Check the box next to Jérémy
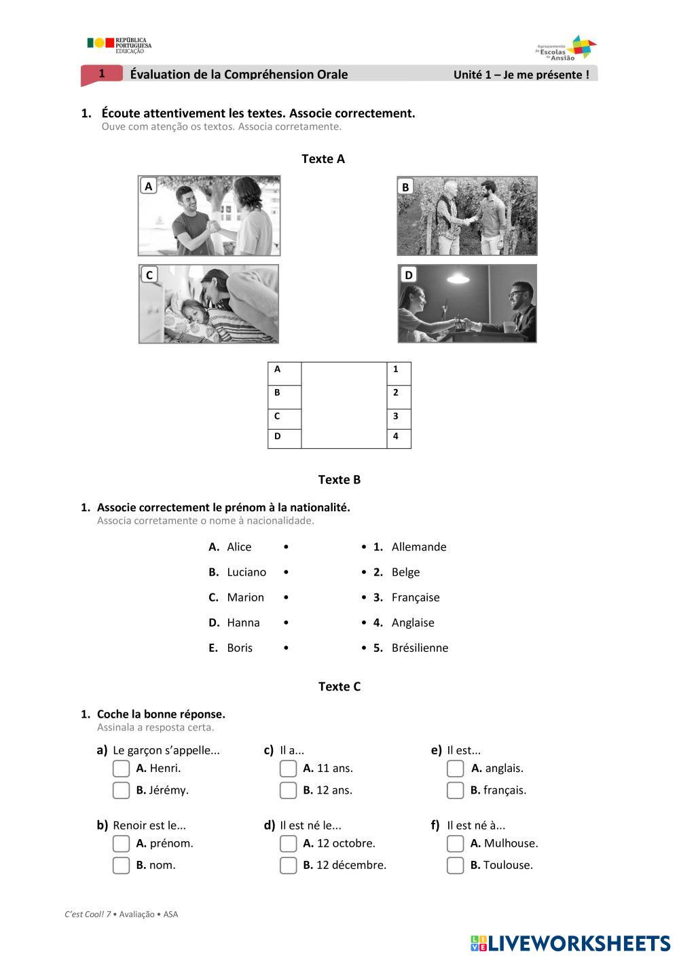click(x=121, y=790)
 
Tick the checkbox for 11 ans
click(x=288, y=769)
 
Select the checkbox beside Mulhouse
click(x=455, y=843)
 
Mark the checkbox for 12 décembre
click(x=288, y=865)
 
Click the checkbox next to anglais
click(x=455, y=769)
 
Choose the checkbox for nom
click(x=121, y=865)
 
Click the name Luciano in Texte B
click(x=246, y=572)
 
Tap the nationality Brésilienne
click(x=420, y=648)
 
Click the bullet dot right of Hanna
click(x=286, y=623)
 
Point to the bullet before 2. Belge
click(x=364, y=572)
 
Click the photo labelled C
click(x=208, y=303)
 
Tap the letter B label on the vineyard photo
click(x=405, y=187)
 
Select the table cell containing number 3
click(x=399, y=417)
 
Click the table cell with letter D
click(x=284, y=437)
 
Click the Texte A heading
click(x=323, y=159)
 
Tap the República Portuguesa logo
click(x=119, y=45)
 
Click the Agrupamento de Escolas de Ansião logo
click(x=566, y=48)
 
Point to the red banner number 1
click(x=102, y=74)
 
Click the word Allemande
click(x=419, y=547)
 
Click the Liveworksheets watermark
click(x=570, y=943)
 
